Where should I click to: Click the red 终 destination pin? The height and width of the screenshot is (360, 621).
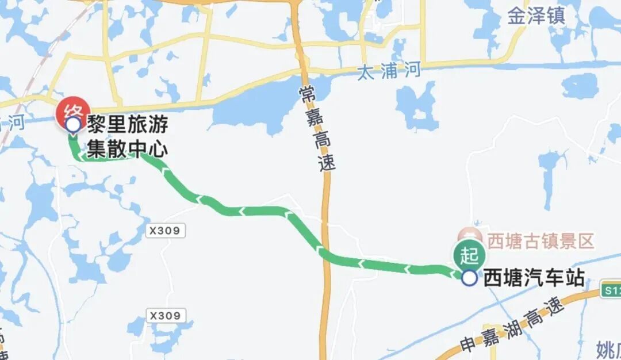(x=72, y=111)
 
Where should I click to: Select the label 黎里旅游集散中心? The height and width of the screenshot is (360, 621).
(x=127, y=137)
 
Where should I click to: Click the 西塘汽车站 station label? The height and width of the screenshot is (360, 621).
(x=534, y=278)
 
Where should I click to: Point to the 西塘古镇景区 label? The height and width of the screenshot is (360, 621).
(x=540, y=240)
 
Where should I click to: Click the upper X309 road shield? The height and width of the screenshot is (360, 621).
(x=166, y=231)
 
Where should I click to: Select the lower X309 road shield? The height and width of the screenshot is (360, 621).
(x=166, y=316)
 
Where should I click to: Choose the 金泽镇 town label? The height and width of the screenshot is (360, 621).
(x=536, y=16)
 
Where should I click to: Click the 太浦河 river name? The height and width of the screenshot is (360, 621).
(x=389, y=72)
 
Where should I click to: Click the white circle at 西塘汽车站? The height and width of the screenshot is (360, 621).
(x=470, y=278)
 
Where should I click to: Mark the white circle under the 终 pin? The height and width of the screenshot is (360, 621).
(x=73, y=124)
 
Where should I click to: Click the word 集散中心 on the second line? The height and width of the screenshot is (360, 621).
(x=127, y=149)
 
